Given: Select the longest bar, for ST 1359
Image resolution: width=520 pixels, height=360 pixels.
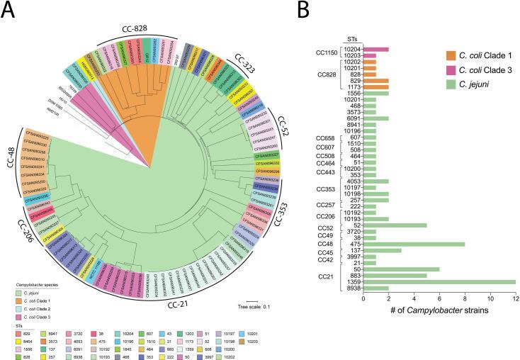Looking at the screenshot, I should (x=439, y=282).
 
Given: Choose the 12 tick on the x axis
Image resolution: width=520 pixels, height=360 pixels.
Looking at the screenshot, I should (x=516, y=298).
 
